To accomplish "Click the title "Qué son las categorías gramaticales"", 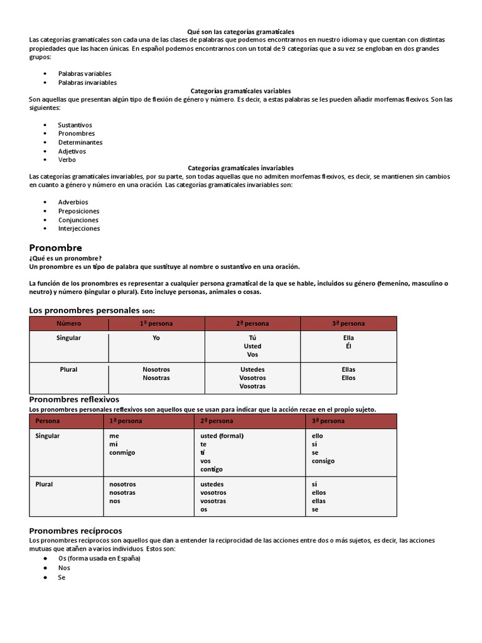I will click(x=241, y=31).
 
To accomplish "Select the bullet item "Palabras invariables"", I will click(x=87, y=82).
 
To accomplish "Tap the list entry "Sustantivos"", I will click(x=75, y=125).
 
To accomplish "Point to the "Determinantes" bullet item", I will click(x=80, y=142).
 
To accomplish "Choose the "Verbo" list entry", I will click(x=67, y=159).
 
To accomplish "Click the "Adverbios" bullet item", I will click(x=73, y=202).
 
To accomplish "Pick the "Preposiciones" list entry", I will click(x=78, y=211).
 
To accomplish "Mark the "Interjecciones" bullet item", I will click(x=79, y=229).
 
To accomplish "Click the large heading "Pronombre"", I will click(x=56, y=247).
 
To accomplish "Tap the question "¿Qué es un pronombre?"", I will click(x=65, y=258).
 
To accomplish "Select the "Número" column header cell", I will click(x=69, y=323).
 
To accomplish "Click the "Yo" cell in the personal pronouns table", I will click(x=156, y=338).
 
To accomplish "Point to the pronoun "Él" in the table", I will click(x=348, y=346).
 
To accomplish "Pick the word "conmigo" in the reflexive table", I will click(x=122, y=452).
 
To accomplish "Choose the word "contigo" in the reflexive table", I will click(x=212, y=469).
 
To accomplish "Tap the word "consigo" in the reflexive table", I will click(x=323, y=460).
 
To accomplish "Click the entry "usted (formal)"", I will click(x=222, y=436).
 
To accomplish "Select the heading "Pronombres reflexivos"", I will click(x=74, y=399).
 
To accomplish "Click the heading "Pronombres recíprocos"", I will click(x=76, y=531).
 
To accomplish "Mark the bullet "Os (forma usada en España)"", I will click(x=99, y=558).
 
